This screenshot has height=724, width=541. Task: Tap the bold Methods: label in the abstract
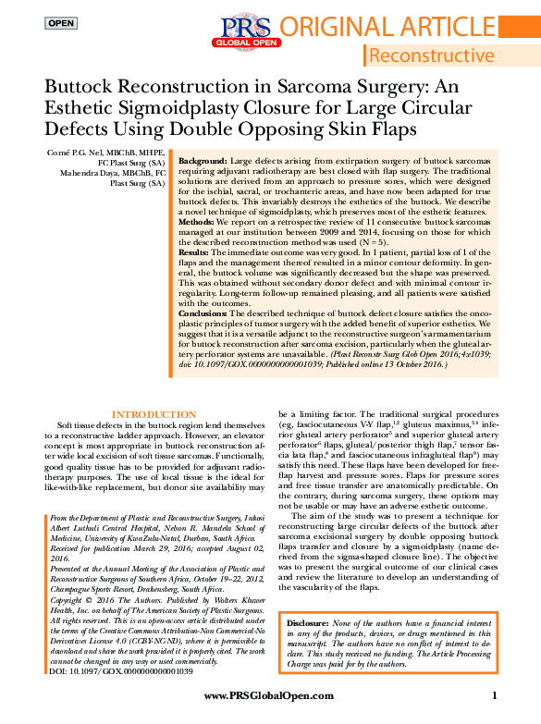198,222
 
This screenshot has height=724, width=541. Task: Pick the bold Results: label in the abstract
196,252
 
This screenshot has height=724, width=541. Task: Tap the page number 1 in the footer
495,695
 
